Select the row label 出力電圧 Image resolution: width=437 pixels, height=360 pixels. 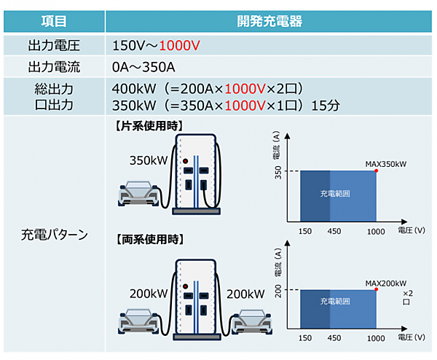coord(52,46)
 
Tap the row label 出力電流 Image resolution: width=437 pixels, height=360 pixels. coord(52,68)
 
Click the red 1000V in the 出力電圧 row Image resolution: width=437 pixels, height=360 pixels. coord(179,46)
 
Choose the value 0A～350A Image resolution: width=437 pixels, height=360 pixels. coord(144,68)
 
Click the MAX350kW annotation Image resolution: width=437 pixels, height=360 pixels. coord(385,163)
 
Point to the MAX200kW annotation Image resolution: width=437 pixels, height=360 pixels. coord(385,283)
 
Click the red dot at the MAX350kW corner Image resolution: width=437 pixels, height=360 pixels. coord(376,171)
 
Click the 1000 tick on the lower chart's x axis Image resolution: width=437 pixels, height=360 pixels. coord(376,339)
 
